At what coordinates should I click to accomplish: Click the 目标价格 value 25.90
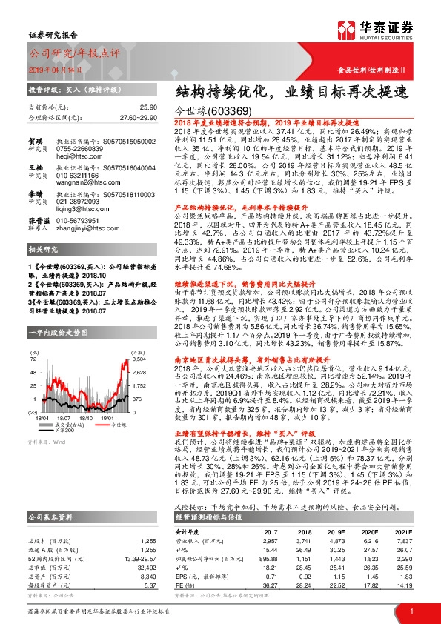point(148,107)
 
